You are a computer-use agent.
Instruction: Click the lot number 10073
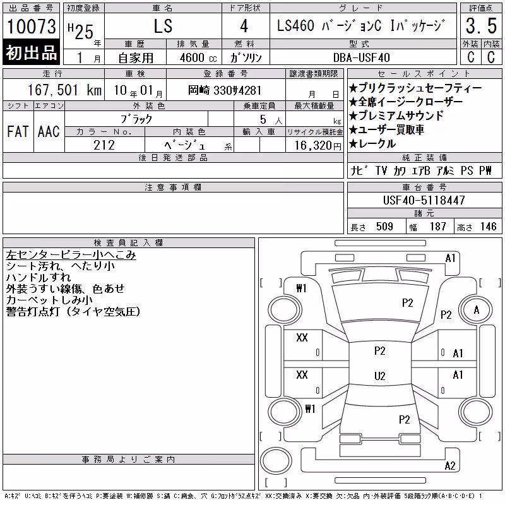pyautogui.click(x=31, y=27)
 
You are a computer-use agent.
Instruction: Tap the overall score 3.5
pyautogui.click(x=481, y=26)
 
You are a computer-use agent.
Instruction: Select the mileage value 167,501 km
pyautogui.click(x=64, y=90)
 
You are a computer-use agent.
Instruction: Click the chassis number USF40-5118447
pyautogui.click(x=424, y=200)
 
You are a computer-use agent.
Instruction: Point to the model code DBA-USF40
pyautogui.click(x=361, y=57)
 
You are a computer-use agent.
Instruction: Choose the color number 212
pyautogui.click(x=104, y=145)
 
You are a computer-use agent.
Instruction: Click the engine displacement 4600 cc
pyautogui.click(x=198, y=57)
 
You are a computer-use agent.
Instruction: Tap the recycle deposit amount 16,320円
pyautogui.click(x=318, y=146)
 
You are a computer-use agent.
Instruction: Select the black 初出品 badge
pyautogui.click(x=31, y=52)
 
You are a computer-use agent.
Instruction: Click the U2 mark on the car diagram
pyautogui.click(x=380, y=376)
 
